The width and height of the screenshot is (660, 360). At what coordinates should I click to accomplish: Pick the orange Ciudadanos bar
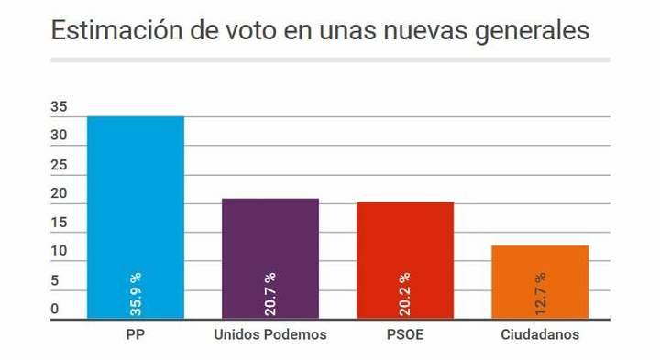point(540,275)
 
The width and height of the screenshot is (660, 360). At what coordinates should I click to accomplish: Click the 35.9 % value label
point(135,294)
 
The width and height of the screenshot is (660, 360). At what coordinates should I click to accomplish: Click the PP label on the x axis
point(135,334)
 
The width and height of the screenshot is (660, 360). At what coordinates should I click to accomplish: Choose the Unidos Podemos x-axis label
point(269,334)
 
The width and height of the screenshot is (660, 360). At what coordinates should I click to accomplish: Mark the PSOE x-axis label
point(404,334)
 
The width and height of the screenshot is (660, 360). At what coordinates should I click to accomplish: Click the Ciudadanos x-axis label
point(540,334)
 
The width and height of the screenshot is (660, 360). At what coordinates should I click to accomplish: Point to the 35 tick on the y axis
point(59,107)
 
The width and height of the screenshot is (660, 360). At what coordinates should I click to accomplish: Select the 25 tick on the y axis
point(59,166)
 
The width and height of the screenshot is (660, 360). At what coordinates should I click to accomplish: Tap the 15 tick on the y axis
point(59,224)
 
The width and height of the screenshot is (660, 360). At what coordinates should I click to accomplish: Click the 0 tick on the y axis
point(54,310)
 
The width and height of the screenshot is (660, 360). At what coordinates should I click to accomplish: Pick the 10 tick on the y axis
point(59,252)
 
